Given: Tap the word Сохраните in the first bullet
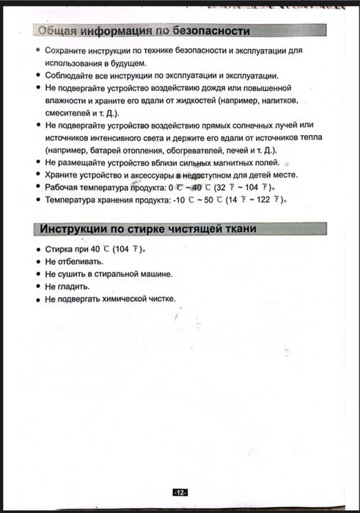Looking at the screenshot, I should click(65, 52).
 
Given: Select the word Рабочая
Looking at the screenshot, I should click(63, 187).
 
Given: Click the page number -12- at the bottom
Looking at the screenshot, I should click(180, 492).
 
